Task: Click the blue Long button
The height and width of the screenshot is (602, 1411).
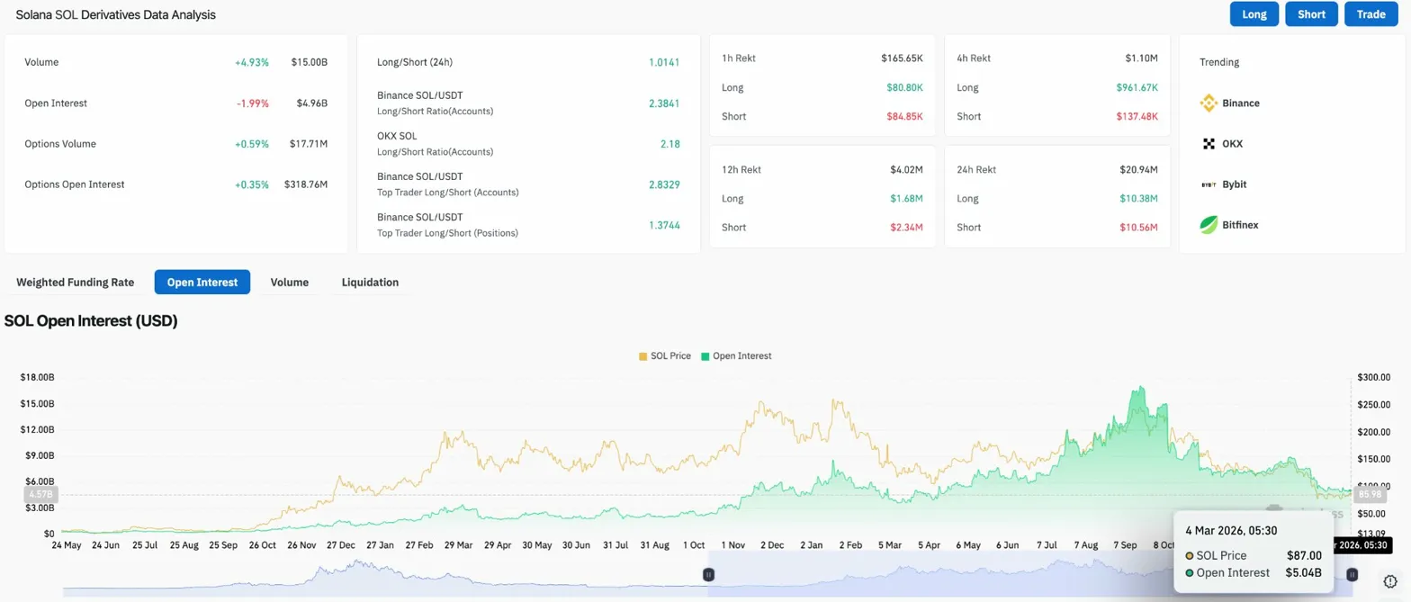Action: tap(1254, 14)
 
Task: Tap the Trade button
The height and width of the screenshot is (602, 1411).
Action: tap(1371, 14)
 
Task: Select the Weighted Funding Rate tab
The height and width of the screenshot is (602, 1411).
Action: tap(76, 283)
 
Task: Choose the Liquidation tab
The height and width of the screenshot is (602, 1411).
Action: tap(370, 283)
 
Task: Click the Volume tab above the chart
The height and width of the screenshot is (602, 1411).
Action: tap(290, 283)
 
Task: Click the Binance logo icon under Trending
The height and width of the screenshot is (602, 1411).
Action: tap(1209, 103)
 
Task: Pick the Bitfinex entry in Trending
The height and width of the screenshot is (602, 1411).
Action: tap(1239, 225)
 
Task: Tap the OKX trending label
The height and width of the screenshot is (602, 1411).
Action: tap(1232, 144)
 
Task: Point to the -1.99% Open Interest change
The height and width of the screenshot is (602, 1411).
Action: tap(253, 103)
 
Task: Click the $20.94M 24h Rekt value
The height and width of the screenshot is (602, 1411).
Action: tap(1138, 170)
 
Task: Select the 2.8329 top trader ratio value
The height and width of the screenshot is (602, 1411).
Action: tap(663, 184)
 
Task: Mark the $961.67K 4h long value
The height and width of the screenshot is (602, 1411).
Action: tap(1137, 88)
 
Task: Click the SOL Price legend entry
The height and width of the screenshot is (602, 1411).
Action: tap(665, 356)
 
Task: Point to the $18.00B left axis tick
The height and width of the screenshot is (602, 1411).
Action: tap(37, 377)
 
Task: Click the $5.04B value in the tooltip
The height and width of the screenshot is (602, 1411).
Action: tap(1303, 573)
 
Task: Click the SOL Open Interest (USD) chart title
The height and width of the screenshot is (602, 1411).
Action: tap(91, 321)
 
